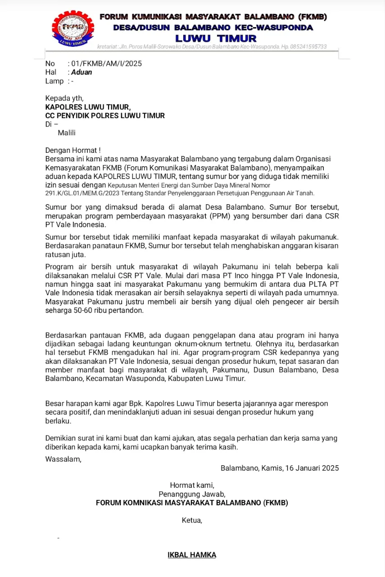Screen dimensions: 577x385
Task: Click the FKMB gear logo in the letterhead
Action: [x=72, y=27]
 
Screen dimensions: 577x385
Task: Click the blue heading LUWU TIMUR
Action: [x=216, y=38]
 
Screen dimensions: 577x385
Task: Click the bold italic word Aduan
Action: [x=82, y=72]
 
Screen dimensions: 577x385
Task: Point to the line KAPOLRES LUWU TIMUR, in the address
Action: [x=88, y=107]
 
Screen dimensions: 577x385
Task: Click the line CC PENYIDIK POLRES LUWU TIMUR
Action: [x=105, y=115]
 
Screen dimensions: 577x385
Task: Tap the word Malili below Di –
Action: [x=67, y=133]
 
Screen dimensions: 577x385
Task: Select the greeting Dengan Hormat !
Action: [x=73, y=150]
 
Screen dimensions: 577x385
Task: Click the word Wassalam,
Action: [x=63, y=459]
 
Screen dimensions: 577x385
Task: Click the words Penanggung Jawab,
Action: [x=192, y=494]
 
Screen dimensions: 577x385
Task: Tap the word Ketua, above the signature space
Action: [x=192, y=520]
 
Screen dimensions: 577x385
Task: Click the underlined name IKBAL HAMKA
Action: [x=192, y=555]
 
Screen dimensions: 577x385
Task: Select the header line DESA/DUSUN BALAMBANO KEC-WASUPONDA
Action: [x=213, y=27]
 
